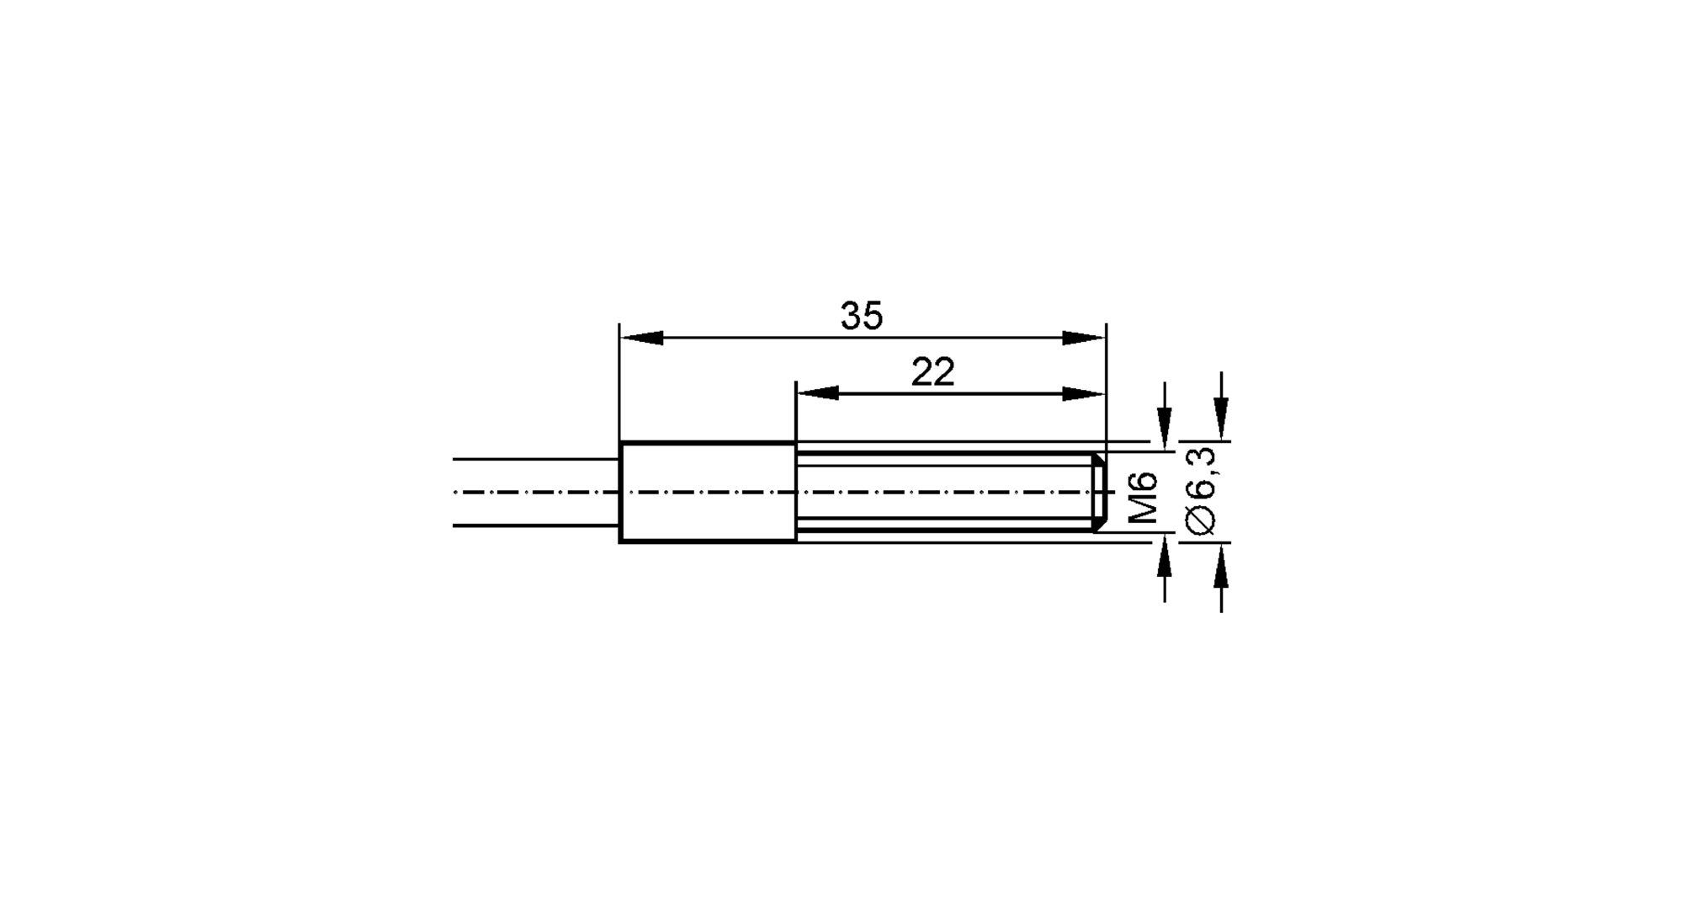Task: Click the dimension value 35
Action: (x=862, y=317)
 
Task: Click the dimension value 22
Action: (x=932, y=372)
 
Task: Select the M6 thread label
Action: (x=1142, y=498)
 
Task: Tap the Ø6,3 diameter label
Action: (x=1201, y=491)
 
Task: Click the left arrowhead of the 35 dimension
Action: (x=641, y=338)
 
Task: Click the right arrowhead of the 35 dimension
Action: (x=1084, y=338)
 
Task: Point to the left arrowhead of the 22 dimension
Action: (x=818, y=393)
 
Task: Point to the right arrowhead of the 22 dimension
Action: (x=1084, y=393)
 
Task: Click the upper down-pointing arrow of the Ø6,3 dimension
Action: (x=1221, y=417)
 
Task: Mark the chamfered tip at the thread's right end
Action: (x=1099, y=492)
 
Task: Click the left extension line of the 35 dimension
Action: (x=619, y=379)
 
